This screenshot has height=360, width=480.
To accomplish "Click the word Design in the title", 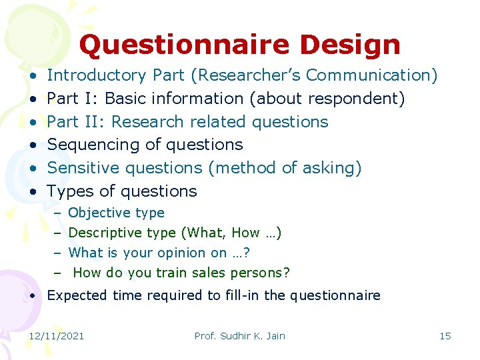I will pyautogui.click(x=350, y=45).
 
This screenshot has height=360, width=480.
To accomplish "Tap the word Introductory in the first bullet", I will pyautogui.click(x=97, y=75).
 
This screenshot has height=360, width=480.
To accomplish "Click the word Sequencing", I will pyautogui.click(x=93, y=145).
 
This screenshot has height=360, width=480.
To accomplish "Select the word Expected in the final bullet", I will pyautogui.click(x=75, y=295).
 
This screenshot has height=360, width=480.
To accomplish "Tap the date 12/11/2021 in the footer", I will pyautogui.click(x=57, y=336).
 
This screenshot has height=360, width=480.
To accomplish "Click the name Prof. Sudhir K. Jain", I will pyautogui.click(x=239, y=336).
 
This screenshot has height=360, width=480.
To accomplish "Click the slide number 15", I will pyautogui.click(x=445, y=336).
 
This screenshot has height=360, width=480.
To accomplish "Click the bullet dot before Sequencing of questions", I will pyautogui.click(x=33, y=145).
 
